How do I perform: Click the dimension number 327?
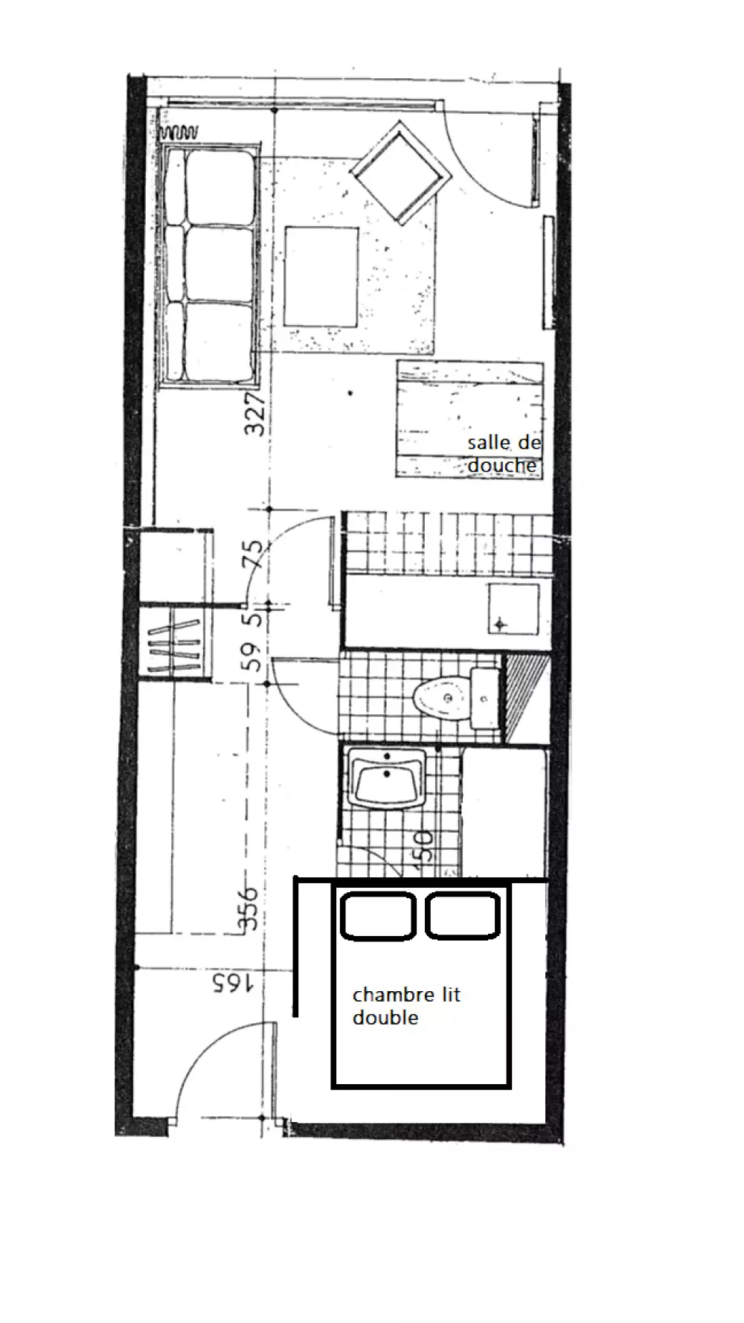click(254, 414)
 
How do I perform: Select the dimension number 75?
click(254, 554)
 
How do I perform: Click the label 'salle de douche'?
click(503, 454)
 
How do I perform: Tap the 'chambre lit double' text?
click(406, 1006)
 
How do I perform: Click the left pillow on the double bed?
click(377, 915)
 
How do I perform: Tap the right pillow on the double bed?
click(462, 915)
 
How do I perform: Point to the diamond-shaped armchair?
click(402, 173)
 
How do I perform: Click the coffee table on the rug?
click(321, 277)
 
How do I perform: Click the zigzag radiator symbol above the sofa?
click(179, 133)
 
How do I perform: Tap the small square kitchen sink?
click(513, 609)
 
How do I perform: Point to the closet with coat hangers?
click(176, 642)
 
